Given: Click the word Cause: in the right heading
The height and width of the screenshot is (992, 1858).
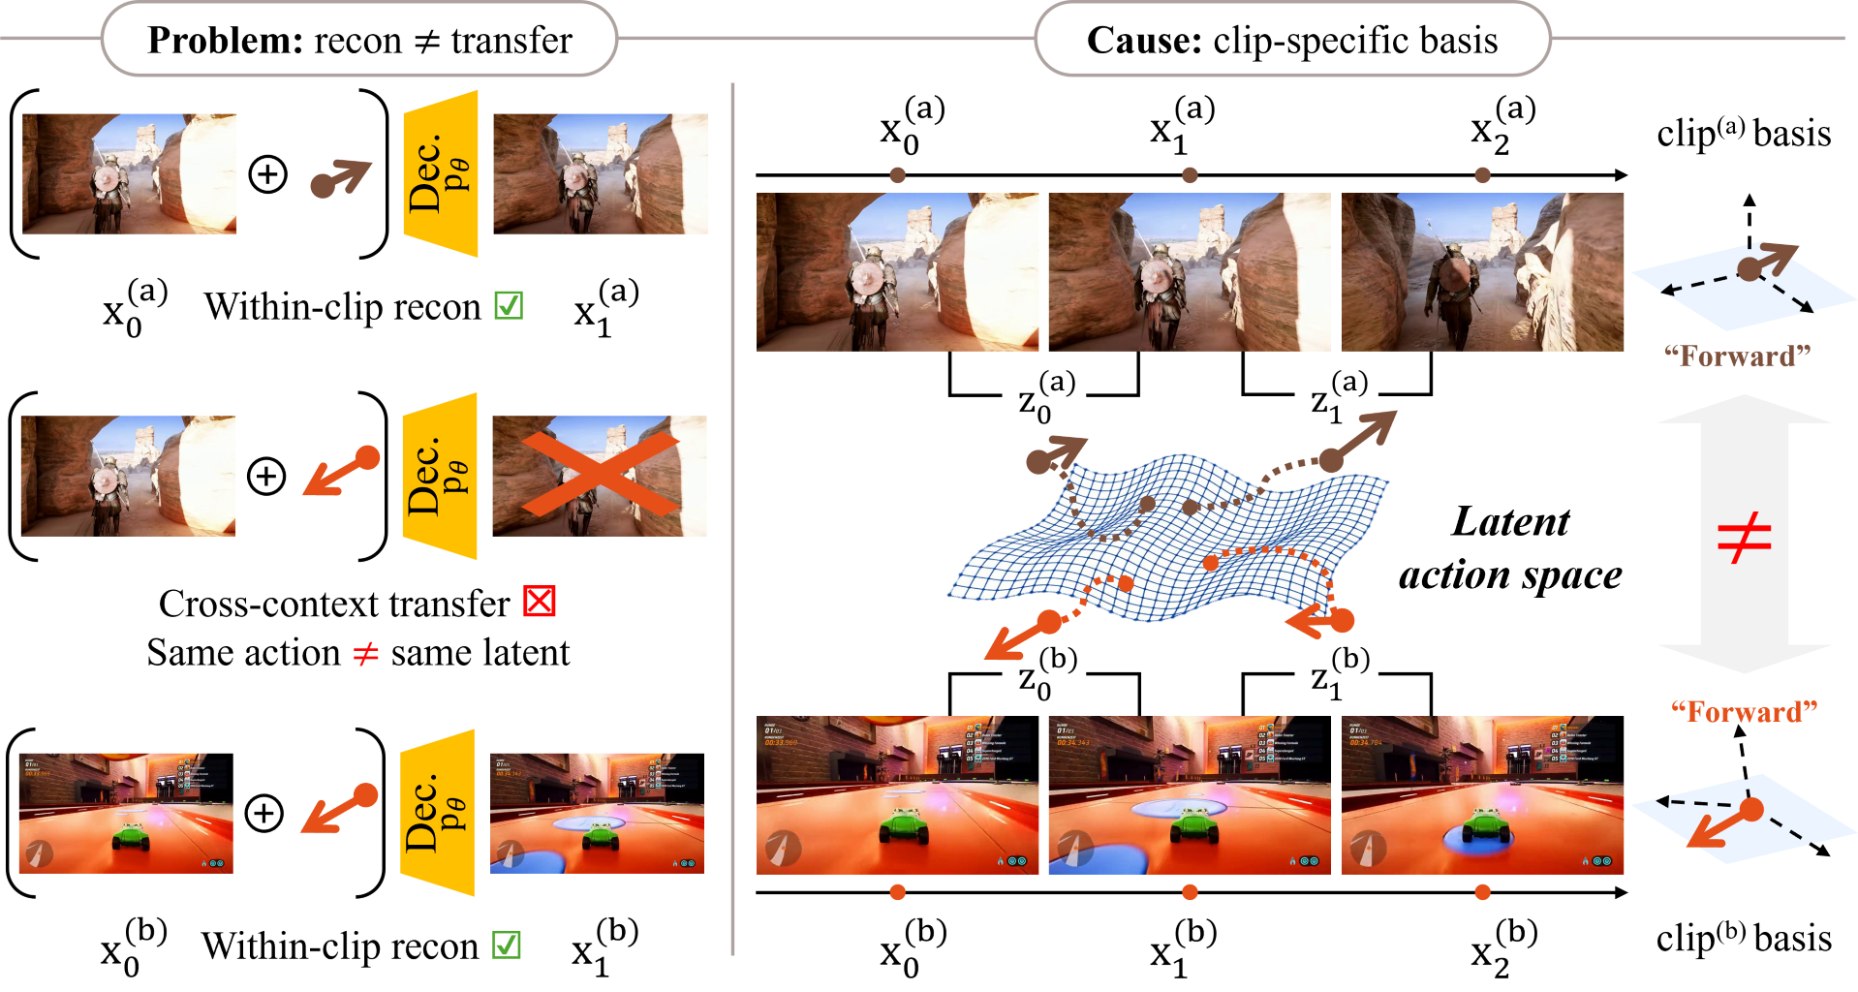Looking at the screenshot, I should click(x=1144, y=41).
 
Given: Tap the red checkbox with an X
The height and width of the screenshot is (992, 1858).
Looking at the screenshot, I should click(x=539, y=602).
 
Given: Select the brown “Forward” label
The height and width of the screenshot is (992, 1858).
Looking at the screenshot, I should click(x=1737, y=356).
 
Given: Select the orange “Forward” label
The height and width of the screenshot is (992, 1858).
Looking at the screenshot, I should click(x=1744, y=713).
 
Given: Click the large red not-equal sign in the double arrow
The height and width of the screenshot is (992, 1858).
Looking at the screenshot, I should click(x=1744, y=539).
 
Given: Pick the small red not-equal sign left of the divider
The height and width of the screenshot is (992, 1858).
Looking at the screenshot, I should click(x=366, y=655).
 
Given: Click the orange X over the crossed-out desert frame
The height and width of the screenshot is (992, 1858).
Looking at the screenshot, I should click(x=601, y=474).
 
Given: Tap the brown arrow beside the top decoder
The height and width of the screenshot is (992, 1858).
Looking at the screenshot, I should click(x=340, y=178).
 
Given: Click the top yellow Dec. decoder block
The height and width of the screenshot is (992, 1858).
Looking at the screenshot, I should click(x=441, y=174).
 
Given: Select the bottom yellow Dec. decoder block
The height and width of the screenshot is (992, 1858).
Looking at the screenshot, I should click(x=438, y=813).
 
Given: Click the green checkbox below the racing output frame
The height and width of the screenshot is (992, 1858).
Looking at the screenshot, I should click(x=507, y=945).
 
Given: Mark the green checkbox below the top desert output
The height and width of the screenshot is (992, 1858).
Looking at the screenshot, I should click(x=509, y=305).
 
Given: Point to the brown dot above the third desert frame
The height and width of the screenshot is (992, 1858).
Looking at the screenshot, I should click(x=1482, y=175).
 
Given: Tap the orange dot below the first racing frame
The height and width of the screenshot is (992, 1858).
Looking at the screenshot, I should click(x=898, y=892).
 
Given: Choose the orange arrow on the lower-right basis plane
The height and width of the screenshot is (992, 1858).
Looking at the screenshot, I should click(x=1724, y=824).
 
